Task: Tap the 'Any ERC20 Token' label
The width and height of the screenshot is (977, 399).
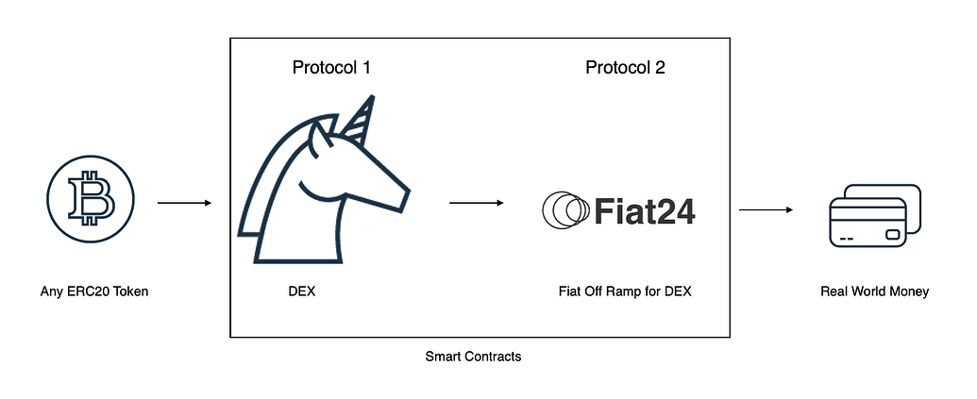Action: [x=94, y=291]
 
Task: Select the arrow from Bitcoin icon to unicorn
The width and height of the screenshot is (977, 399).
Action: [x=184, y=203]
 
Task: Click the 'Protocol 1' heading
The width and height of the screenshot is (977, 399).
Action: [x=331, y=67]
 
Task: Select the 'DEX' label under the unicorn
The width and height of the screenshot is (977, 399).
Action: [x=301, y=291]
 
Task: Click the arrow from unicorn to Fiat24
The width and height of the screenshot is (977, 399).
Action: [x=476, y=203]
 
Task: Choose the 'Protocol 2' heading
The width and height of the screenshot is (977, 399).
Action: [x=625, y=67]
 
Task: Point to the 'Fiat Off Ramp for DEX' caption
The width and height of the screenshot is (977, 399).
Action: [x=625, y=291]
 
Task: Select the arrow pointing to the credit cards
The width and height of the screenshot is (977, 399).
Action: [x=766, y=209]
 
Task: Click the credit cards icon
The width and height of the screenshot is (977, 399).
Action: [x=875, y=216]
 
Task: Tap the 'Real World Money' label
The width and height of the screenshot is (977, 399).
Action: [x=874, y=291]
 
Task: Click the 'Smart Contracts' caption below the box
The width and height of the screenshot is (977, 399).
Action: [x=473, y=357]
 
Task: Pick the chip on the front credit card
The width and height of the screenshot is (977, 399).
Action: [x=893, y=235]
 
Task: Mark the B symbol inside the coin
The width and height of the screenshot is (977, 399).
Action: [x=91, y=199]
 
